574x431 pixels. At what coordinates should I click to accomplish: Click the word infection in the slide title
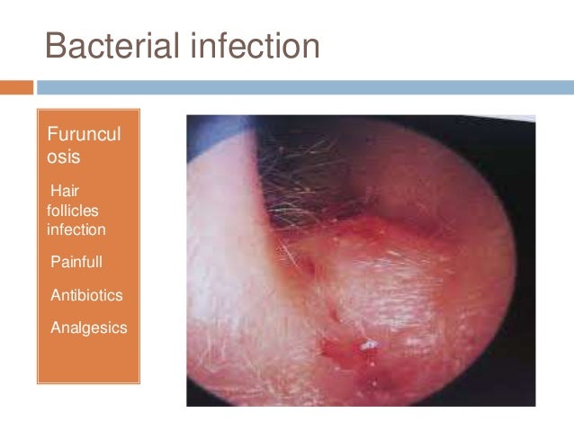coord(255,46)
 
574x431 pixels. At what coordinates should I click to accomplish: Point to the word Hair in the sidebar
coord(66,192)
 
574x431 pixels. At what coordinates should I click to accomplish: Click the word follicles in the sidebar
coord(73,211)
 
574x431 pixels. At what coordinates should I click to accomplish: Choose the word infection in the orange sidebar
coord(76,229)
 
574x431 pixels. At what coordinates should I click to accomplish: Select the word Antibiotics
coord(86,295)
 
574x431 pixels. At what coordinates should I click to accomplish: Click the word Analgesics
coord(88,328)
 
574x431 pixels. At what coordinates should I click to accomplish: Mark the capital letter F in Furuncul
coord(51,136)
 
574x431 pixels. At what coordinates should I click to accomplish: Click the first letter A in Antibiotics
coord(56,295)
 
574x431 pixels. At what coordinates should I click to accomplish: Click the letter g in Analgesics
coord(91,329)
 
